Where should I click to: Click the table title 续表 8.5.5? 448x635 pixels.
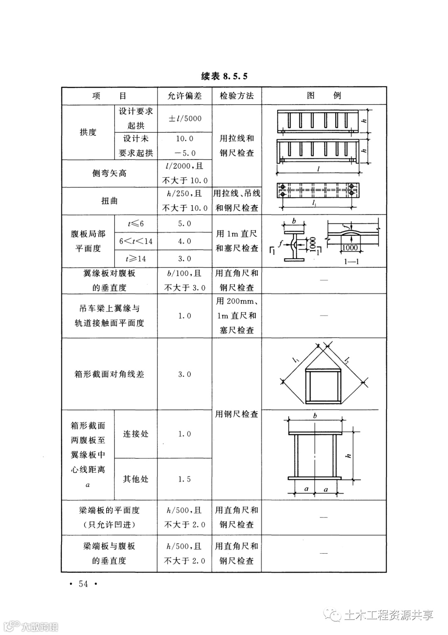[x=224, y=76]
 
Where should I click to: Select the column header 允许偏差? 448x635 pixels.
[x=184, y=96]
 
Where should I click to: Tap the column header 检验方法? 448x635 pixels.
[x=236, y=96]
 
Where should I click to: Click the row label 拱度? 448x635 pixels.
[x=88, y=132]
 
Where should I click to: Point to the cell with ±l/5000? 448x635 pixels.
[x=185, y=119]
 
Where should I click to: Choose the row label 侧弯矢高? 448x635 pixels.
[x=109, y=173]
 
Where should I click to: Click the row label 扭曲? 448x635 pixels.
[x=109, y=201]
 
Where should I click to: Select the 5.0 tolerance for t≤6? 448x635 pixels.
[x=185, y=224]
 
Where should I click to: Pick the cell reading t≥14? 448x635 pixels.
[x=136, y=259]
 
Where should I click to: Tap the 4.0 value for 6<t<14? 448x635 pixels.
[x=185, y=241]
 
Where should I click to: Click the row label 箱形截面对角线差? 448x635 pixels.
[x=109, y=374]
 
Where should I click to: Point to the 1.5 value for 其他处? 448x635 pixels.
[x=185, y=479]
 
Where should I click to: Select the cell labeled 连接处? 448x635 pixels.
[x=136, y=434]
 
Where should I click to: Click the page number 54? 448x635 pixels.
[x=83, y=584]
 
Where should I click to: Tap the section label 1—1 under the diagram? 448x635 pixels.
[x=351, y=262]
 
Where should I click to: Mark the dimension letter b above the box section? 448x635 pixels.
[x=315, y=416]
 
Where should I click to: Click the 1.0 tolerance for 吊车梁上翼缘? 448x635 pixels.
[x=185, y=316]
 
